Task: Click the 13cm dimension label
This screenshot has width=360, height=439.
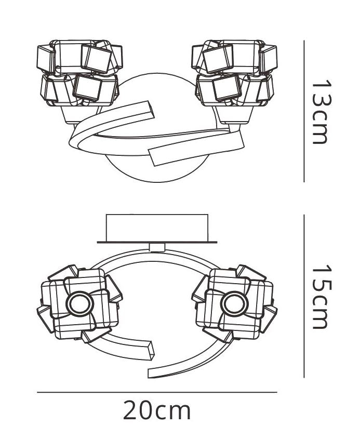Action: point(322,112)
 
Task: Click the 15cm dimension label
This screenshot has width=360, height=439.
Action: point(322,297)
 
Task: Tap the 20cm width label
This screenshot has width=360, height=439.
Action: point(157,410)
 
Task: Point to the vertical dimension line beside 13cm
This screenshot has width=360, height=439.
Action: point(304,111)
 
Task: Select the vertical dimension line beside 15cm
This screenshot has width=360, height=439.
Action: point(304,296)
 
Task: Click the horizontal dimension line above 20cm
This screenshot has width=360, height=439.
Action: point(157,392)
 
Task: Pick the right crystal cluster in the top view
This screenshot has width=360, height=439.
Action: point(235,73)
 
